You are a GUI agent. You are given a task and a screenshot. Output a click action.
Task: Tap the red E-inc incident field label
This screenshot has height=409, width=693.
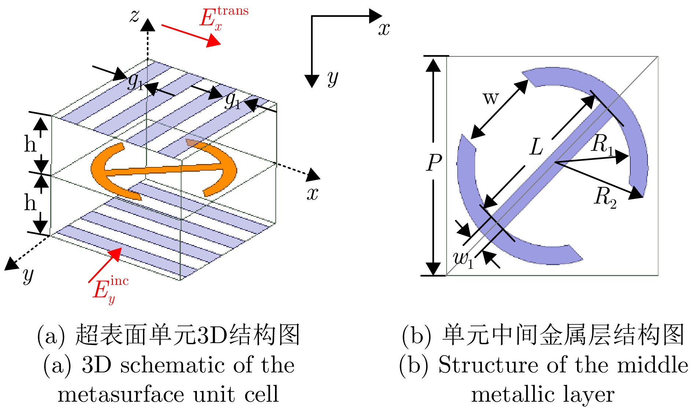point(110,290)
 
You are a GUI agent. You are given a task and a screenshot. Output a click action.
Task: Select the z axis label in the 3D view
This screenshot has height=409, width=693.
point(135,16)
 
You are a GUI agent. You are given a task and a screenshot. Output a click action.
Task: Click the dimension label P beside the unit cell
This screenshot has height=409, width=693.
point(434,162)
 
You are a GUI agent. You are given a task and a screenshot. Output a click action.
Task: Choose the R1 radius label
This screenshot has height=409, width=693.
point(602,144)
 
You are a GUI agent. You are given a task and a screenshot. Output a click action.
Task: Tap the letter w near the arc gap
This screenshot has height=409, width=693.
point(491,98)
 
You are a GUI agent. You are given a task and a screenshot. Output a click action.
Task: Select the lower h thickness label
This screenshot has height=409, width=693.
point(30,202)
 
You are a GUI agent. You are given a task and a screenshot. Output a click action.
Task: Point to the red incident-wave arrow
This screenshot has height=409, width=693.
point(104,265)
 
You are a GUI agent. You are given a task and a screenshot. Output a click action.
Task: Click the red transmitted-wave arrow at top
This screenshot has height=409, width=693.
point(191,35)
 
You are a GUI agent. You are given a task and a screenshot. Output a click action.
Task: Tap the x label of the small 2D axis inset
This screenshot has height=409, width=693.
point(384,29)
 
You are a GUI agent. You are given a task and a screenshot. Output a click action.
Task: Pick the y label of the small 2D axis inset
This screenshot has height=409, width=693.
point(333,78)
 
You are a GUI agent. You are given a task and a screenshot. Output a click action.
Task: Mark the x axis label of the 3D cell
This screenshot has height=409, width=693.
point(312,193)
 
